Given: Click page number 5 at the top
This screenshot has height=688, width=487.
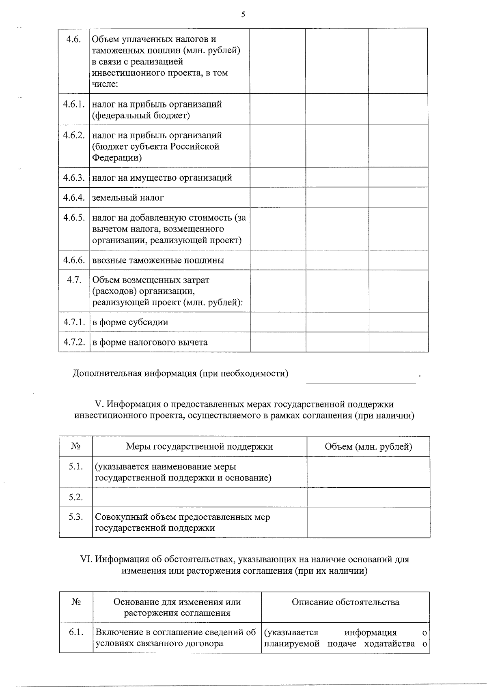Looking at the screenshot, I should click(x=243, y=15).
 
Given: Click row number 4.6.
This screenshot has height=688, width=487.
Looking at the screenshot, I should click(x=73, y=39).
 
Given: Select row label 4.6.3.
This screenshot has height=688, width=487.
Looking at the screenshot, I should click(x=74, y=177).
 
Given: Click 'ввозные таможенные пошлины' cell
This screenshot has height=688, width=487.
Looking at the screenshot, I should click(x=158, y=260).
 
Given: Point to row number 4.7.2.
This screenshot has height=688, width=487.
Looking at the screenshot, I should click(x=74, y=342).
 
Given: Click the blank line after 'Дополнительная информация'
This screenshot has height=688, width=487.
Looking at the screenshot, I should click(x=361, y=380).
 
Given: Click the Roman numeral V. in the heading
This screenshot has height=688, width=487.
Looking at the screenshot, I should click(x=99, y=404).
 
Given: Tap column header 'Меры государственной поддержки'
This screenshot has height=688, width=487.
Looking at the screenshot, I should click(x=199, y=447).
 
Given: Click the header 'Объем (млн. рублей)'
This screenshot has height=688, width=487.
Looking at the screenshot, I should click(x=368, y=447).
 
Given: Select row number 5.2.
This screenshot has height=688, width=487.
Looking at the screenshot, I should click(x=75, y=497).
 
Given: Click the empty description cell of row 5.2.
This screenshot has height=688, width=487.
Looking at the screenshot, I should click(x=199, y=497).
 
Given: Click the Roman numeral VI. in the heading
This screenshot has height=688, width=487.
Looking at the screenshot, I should click(x=86, y=559).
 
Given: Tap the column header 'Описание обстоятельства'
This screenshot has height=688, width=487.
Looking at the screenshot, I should click(x=345, y=602).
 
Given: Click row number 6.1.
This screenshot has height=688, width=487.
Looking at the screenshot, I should click(x=76, y=632).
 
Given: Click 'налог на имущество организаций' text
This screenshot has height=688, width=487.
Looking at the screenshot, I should click(x=162, y=177).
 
